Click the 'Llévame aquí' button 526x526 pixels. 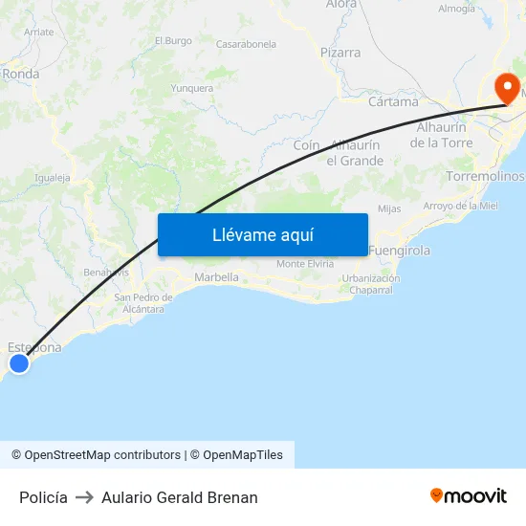pos(263,235)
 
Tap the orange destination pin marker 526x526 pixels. pos(506,90)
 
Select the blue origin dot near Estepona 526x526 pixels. pos(18,362)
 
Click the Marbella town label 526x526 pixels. pos(216,277)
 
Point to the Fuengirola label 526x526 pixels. pos(400,251)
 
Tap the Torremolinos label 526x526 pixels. pos(486,177)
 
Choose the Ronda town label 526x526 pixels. pos(20,73)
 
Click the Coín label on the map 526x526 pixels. pos(307,144)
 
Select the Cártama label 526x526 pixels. pos(393,101)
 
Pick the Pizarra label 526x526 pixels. pos(340,53)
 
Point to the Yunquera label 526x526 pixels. pos(191,88)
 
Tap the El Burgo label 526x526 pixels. pos(172,40)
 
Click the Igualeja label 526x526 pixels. pos(53,177)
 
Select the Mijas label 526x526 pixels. pos(389,208)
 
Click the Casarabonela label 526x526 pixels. pos(246,44)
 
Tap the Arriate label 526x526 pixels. pos(39,32)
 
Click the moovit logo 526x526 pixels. pos(469,495)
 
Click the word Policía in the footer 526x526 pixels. pos(43,497)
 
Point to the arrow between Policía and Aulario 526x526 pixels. pos(84,497)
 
